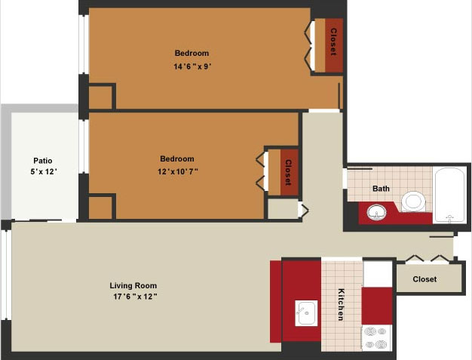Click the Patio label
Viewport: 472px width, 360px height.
43,161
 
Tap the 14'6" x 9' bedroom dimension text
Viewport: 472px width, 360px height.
192,66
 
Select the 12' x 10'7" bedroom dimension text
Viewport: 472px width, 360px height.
178,172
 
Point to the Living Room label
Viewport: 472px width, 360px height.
133,285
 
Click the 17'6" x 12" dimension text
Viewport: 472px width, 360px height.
135,297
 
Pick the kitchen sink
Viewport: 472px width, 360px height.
306,313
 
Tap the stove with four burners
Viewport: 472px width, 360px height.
376,337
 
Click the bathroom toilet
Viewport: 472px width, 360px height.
412,202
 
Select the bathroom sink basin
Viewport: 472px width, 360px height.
376,212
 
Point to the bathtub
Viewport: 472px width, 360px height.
449,195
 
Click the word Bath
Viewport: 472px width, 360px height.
381,189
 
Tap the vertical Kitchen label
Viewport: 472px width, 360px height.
341,304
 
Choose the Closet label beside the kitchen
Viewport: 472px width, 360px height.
424,279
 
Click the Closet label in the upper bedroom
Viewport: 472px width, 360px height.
333,42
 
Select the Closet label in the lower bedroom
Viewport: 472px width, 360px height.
288,172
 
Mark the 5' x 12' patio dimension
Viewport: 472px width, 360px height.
44,172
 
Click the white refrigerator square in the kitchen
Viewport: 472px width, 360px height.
378,273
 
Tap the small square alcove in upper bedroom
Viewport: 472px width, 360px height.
100,97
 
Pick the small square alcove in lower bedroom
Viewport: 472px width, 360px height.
100,208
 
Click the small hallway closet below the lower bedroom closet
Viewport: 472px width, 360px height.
283,209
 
